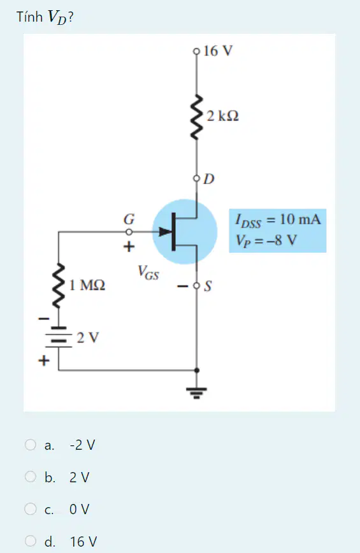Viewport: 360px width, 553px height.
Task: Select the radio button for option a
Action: [x=31, y=445]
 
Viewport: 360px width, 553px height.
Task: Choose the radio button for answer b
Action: [x=31, y=477]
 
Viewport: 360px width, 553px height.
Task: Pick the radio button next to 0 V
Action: [x=31, y=509]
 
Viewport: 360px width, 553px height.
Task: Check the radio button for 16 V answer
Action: [x=31, y=541]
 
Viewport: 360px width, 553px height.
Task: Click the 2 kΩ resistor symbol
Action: [x=197, y=117]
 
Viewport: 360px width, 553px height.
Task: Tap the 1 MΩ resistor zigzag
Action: [x=59, y=285]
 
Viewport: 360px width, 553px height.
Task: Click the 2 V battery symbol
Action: [x=59, y=338]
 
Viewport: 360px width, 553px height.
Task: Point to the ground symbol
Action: [x=197, y=392]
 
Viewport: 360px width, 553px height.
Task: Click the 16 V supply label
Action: [x=218, y=51]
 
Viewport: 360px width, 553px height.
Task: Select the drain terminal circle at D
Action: [x=197, y=178]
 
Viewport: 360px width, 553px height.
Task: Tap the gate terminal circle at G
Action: [x=129, y=232]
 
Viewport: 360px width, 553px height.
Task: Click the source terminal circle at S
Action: [x=197, y=285]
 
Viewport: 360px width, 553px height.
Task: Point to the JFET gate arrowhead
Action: [x=165, y=232]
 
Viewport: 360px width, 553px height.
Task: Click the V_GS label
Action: [x=148, y=273]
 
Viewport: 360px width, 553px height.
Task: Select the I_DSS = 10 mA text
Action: [x=278, y=220]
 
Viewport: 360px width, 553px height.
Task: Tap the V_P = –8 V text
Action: [x=266, y=241]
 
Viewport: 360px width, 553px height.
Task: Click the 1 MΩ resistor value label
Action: [x=87, y=285]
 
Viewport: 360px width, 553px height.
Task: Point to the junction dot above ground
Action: [x=197, y=370]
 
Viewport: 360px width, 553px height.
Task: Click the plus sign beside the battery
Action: [x=44, y=361]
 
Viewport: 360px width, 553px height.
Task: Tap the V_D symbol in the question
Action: [x=57, y=17]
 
